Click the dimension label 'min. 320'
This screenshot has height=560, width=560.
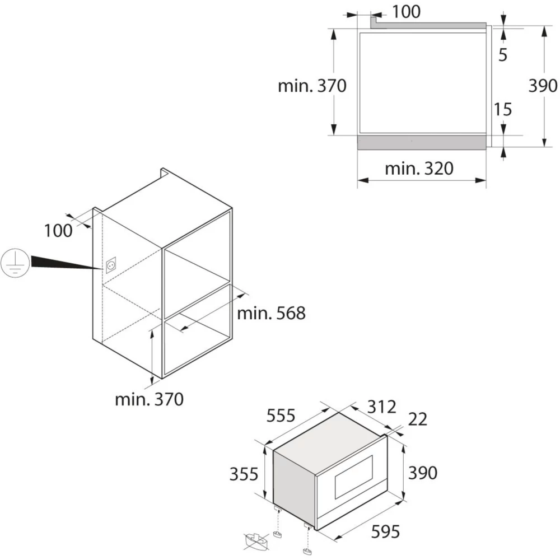[x=419, y=168]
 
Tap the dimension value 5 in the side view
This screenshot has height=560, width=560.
[x=503, y=55]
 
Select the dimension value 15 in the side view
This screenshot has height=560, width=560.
[x=503, y=109]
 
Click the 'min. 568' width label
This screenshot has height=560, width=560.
[x=272, y=313]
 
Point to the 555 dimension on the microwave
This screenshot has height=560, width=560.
[x=281, y=416]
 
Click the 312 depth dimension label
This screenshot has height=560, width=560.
[x=382, y=407]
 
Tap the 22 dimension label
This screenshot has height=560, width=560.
[x=418, y=419]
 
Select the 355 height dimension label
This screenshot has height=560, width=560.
[x=244, y=474]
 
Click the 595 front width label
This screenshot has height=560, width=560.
[x=385, y=532]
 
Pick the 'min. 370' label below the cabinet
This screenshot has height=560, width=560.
[x=150, y=399]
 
